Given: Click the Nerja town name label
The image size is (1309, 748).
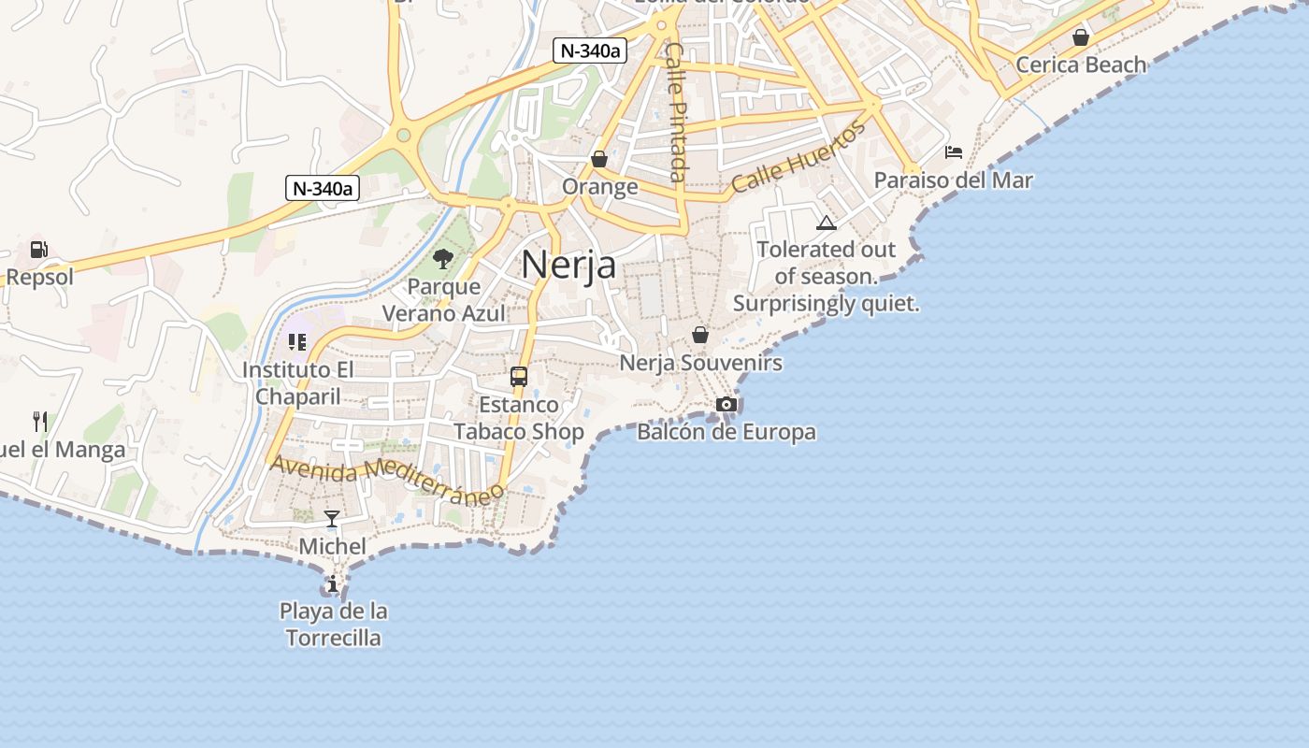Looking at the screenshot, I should tap(568, 265).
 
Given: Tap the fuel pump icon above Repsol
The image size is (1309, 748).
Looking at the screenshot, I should tap(38, 250).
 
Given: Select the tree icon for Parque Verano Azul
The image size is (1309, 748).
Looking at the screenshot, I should tap(443, 259).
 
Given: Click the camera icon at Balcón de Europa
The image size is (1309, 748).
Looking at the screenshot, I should tap(726, 404).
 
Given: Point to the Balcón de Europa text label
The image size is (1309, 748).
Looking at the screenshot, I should tap(726, 432).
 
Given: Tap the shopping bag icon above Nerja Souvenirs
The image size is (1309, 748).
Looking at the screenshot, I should tap(700, 335).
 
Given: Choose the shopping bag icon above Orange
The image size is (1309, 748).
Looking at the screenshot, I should tap(599, 159).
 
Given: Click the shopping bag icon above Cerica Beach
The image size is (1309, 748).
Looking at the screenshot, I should tap(1081, 37).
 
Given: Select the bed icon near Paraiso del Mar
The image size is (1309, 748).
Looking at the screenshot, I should tap(954, 151).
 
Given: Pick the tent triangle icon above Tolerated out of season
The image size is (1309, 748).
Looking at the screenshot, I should tap(826, 223).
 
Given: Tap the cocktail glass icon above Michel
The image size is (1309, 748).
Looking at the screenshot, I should tap(332, 518).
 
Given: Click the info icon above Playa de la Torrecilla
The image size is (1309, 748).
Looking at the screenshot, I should tap(332, 584).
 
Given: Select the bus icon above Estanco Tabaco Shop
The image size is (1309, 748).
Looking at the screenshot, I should tap(519, 377).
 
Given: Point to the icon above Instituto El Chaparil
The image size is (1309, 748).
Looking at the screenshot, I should tap(297, 342).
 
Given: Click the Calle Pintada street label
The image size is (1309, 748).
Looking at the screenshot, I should tap(677, 112).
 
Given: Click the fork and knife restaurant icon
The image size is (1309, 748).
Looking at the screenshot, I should tap(40, 422).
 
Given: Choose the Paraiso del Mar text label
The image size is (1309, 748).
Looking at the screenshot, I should tap(953, 180).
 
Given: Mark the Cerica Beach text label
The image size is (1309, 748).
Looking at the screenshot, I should tap(1081, 65).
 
